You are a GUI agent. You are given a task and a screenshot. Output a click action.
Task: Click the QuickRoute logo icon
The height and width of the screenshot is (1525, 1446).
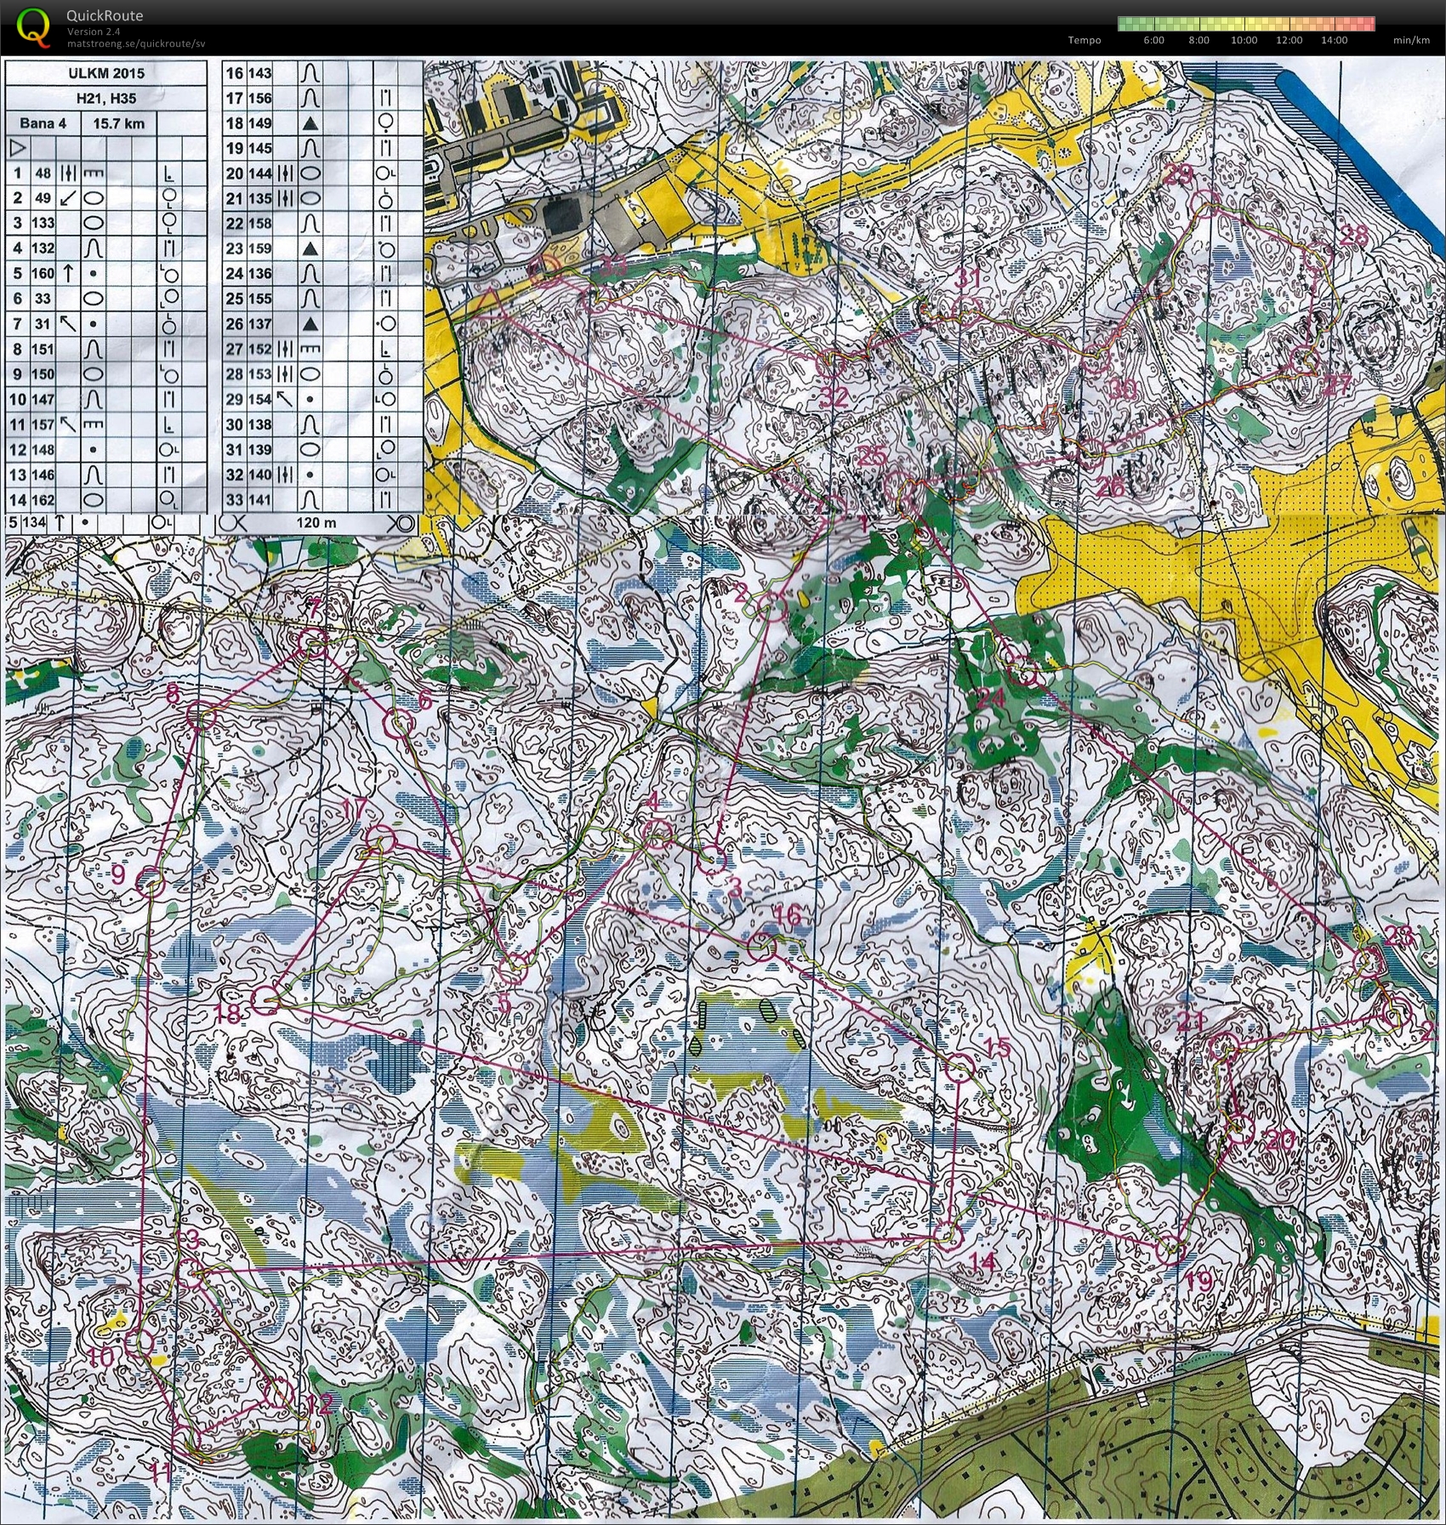pos(32,26)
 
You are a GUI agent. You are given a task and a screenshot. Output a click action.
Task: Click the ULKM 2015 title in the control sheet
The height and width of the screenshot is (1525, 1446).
pos(106,73)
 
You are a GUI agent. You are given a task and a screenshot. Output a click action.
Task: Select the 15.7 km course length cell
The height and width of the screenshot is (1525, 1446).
pos(118,123)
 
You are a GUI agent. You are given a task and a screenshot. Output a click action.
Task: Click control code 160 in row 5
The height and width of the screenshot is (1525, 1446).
pos(43,274)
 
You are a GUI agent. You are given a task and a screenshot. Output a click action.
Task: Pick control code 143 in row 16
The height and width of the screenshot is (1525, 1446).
pos(260,73)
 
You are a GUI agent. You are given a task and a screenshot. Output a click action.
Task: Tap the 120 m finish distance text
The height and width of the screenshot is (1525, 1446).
pos(316,522)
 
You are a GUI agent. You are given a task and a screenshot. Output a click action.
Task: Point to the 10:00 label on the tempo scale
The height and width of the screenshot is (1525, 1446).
pos(1244,40)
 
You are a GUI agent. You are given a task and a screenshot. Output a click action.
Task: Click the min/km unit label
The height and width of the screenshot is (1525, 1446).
pos(1411,40)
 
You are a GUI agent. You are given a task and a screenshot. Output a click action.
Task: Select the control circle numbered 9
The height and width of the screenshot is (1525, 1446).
pos(150,881)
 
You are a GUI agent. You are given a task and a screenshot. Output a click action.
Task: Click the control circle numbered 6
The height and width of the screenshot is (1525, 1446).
pos(399,724)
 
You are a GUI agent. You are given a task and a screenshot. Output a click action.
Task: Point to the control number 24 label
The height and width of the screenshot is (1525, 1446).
pos(991,698)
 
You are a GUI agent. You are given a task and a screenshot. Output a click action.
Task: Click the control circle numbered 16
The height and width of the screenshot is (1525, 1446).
pos(763,946)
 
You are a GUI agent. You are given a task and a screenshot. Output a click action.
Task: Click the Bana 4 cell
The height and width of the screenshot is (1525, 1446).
pos(43,123)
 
